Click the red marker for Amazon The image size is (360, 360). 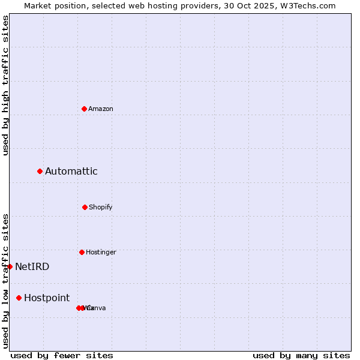[85, 109]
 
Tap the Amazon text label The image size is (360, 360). [101, 109]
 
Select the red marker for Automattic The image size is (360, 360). [40, 172]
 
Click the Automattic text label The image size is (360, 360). [71, 172]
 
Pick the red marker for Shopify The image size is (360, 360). [85, 207]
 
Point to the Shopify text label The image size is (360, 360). [101, 207]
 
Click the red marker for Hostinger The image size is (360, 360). [82, 252]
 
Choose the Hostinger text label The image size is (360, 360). [101, 252]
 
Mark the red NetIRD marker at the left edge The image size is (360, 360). [10, 266]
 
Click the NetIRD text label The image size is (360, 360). [32, 266]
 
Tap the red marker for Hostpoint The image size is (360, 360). [19, 298]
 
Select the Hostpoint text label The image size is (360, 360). [47, 298]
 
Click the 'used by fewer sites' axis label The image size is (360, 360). [62, 355]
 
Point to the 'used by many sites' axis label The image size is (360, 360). [301, 355]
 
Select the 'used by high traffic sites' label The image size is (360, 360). [5, 85]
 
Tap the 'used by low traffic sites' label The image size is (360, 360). [5, 281]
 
